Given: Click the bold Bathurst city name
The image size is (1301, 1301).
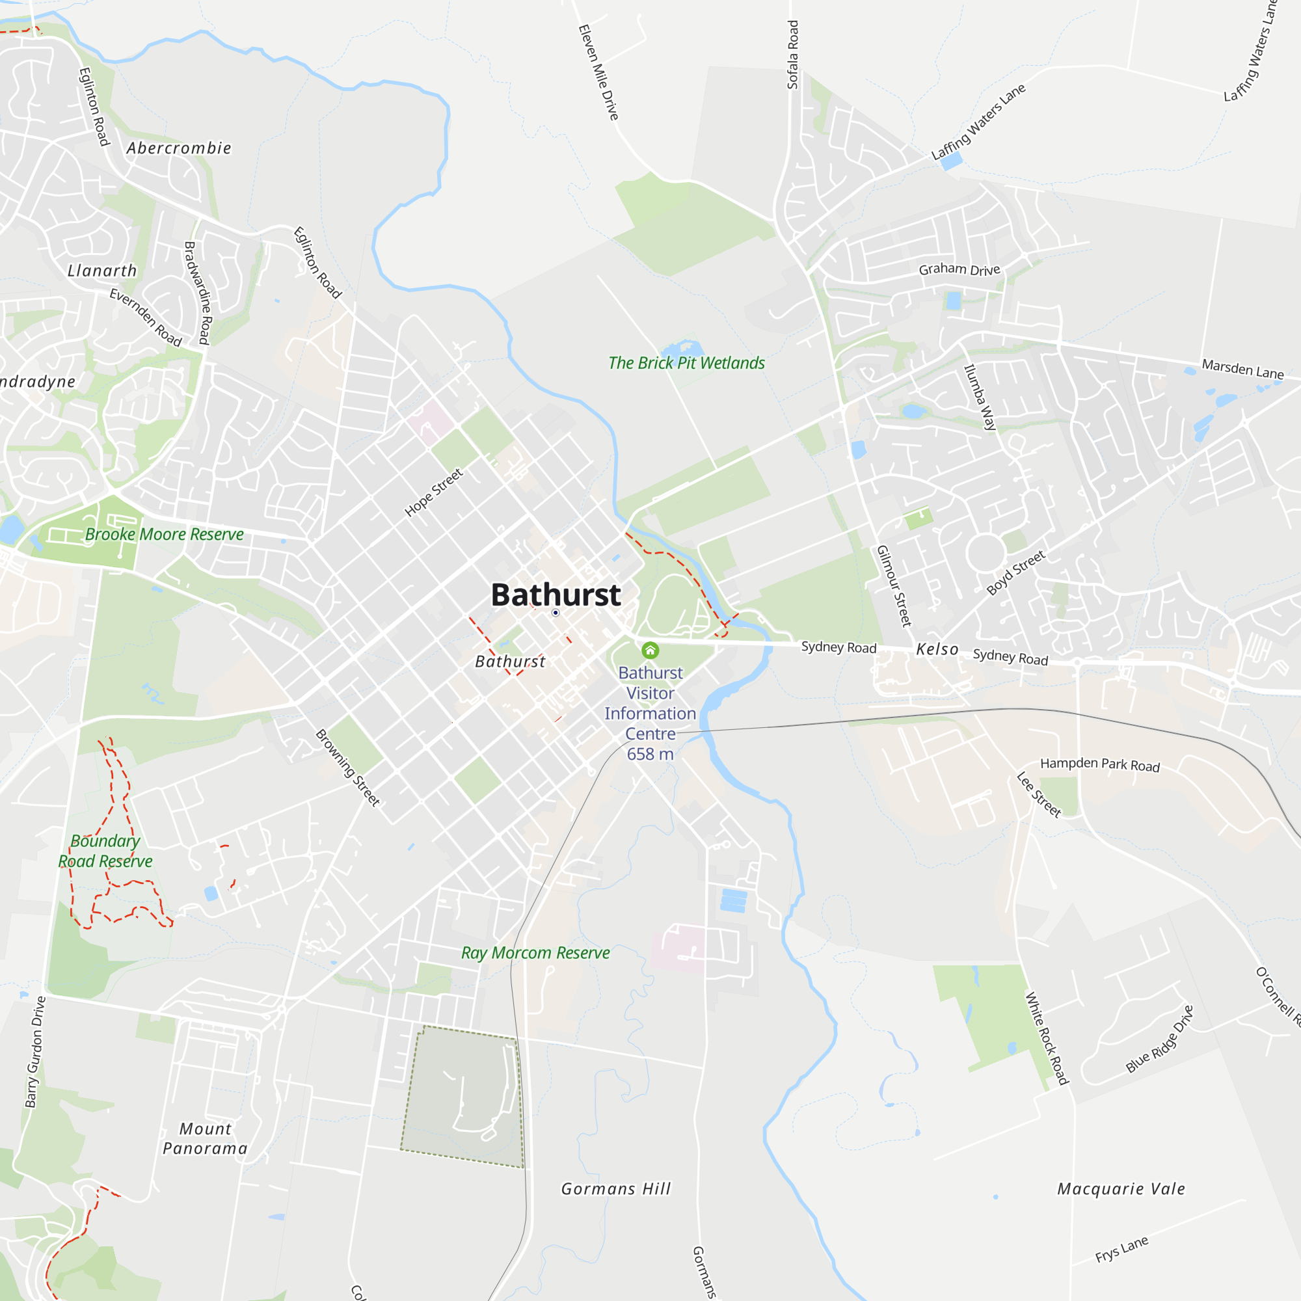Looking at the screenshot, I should (556, 595).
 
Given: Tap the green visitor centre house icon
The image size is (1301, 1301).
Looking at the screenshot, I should (650, 650).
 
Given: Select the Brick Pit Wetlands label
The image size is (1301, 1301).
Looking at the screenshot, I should (686, 363).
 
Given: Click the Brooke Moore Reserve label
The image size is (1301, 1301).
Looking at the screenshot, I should (165, 534).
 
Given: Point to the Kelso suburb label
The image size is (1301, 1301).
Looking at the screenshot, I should (937, 649).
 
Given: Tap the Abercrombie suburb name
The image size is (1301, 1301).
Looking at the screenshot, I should (179, 148).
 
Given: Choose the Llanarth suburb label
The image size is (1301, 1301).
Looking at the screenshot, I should (102, 271).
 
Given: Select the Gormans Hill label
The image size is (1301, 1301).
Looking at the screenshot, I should (616, 1188).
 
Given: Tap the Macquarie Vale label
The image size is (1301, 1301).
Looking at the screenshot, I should (1121, 1188).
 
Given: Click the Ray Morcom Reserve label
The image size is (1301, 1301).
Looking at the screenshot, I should (535, 953).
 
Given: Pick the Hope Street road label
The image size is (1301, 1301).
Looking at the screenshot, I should (434, 492).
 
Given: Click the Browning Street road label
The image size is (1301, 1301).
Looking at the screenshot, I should (347, 767).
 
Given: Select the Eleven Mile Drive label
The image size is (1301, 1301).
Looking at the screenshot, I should (598, 72).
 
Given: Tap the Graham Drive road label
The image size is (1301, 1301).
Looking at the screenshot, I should (959, 269).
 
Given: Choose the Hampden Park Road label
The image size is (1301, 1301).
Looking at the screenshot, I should (1099, 764).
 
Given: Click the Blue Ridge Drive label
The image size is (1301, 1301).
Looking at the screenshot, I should (1159, 1039).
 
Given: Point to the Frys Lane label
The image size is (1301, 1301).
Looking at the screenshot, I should (1121, 1249).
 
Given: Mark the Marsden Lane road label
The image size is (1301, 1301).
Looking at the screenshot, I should (1242, 369).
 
